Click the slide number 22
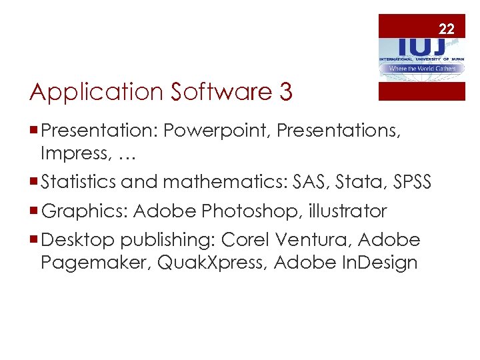[447, 29]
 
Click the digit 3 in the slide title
[285, 92]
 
